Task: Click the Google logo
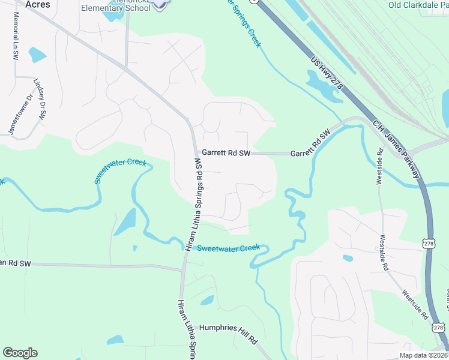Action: point(20,353)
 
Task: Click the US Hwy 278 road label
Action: point(327,73)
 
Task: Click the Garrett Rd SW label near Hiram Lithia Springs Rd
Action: point(225,154)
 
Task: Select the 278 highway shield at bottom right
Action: point(438,327)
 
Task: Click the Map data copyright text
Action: point(423,355)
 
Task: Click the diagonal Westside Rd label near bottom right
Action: point(415,305)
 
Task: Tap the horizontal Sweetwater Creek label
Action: point(228,247)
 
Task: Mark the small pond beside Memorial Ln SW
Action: point(37,55)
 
